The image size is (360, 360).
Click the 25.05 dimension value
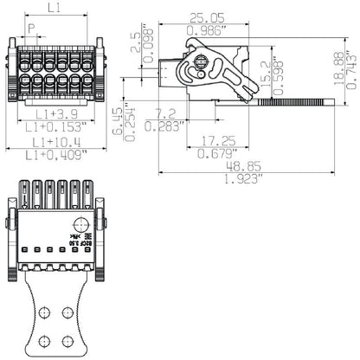click(x=207, y=16)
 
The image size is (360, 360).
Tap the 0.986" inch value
click(x=207, y=30)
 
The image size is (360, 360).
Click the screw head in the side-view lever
click(x=201, y=62)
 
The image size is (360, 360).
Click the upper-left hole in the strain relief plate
click(x=44, y=311)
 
